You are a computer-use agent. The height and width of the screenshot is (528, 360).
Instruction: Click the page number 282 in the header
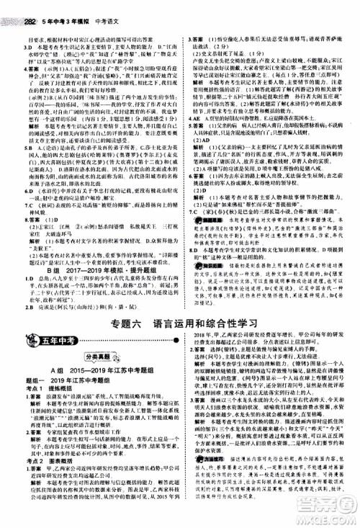(13, 6)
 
